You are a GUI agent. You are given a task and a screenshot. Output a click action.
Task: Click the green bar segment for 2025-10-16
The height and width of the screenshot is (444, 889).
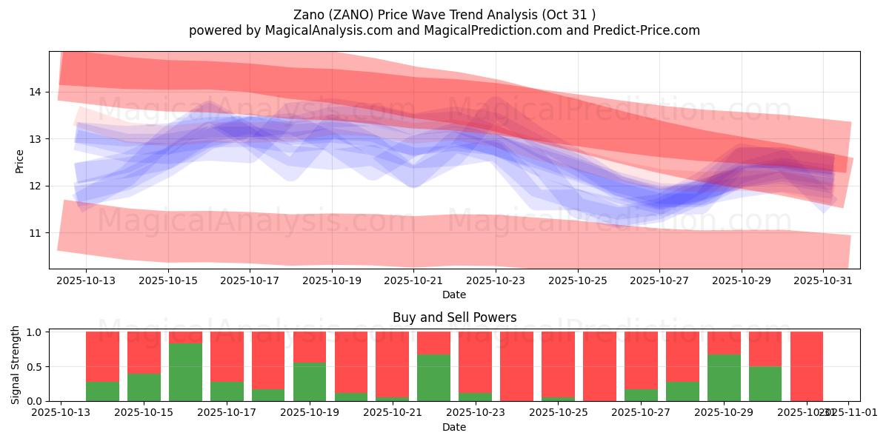(x=185, y=372)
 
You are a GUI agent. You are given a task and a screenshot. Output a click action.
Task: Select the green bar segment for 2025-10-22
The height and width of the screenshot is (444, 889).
(x=433, y=377)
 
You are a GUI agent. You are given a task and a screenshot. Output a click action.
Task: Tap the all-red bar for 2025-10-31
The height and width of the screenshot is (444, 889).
(x=806, y=366)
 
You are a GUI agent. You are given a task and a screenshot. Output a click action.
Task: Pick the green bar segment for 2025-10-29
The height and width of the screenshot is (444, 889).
(x=723, y=377)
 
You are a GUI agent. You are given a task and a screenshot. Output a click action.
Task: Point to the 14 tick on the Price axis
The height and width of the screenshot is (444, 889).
(x=36, y=92)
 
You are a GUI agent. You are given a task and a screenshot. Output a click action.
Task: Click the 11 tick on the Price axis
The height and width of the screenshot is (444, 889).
(x=36, y=233)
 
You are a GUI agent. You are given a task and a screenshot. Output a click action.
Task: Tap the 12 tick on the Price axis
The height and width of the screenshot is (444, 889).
(x=36, y=186)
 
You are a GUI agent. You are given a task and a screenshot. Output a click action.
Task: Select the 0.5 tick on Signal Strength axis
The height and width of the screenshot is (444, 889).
(x=35, y=367)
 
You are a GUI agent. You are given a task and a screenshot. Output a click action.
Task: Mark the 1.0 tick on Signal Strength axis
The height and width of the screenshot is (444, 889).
(x=35, y=332)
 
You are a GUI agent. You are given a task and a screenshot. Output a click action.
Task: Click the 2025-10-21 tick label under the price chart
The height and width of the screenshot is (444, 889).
(x=413, y=281)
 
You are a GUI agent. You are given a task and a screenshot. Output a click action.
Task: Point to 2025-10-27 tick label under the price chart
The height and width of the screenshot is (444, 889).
(x=659, y=281)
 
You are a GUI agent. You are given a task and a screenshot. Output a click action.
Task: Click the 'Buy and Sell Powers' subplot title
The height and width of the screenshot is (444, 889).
(x=454, y=317)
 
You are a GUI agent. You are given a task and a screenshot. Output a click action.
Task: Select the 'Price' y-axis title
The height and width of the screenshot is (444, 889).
(x=19, y=161)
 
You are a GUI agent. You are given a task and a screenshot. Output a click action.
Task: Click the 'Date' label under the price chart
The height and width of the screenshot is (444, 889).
(x=454, y=295)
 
